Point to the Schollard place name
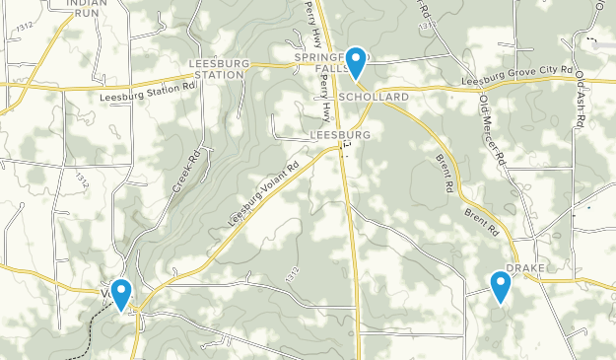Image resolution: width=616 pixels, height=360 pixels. click(x=373, y=99)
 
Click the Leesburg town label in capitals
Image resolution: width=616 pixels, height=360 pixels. click(x=339, y=134)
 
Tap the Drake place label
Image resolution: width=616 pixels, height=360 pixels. click(x=525, y=268)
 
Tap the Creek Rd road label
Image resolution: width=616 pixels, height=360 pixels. click(x=186, y=170)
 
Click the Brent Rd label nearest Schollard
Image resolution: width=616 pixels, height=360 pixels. click(x=445, y=172)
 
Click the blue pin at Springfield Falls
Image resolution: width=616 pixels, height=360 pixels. click(x=355, y=62)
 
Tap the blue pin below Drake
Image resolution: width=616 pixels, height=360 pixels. click(x=501, y=287)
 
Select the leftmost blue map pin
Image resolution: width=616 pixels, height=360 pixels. click(x=121, y=293)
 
